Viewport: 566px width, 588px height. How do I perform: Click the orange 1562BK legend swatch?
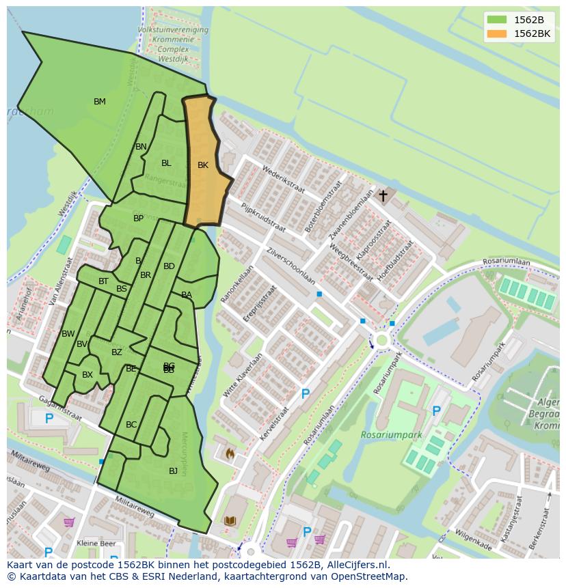coord(497,33)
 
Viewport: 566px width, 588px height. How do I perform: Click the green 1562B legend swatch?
coord(497,20)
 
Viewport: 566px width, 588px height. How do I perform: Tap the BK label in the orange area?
coord(203,165)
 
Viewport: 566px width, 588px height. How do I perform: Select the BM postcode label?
coord(100,102)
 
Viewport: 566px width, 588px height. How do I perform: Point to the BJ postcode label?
coord(173,471)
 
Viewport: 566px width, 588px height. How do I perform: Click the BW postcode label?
coord(68,334)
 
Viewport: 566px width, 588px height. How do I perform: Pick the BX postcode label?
coord(87,375)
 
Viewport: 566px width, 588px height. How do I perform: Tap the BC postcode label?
coord(131,425)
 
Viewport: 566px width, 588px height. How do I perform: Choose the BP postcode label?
coord(139,219)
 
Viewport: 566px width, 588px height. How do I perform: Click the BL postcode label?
coord(166,163)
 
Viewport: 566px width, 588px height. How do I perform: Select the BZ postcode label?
coord(117,352)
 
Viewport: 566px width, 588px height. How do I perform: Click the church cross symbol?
coord(383,196)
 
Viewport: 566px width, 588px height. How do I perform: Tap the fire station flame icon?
coord(230,453)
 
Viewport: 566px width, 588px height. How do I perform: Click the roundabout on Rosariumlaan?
coord(381,339)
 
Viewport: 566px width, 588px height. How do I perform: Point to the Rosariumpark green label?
coord(392,435)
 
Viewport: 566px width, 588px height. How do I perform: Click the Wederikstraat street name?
coord(283,178)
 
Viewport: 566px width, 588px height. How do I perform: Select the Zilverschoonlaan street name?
coord(291,266)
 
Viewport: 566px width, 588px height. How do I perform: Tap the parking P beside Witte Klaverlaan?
coord(306,394)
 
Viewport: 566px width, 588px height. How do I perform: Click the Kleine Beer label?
coord(96,544)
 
